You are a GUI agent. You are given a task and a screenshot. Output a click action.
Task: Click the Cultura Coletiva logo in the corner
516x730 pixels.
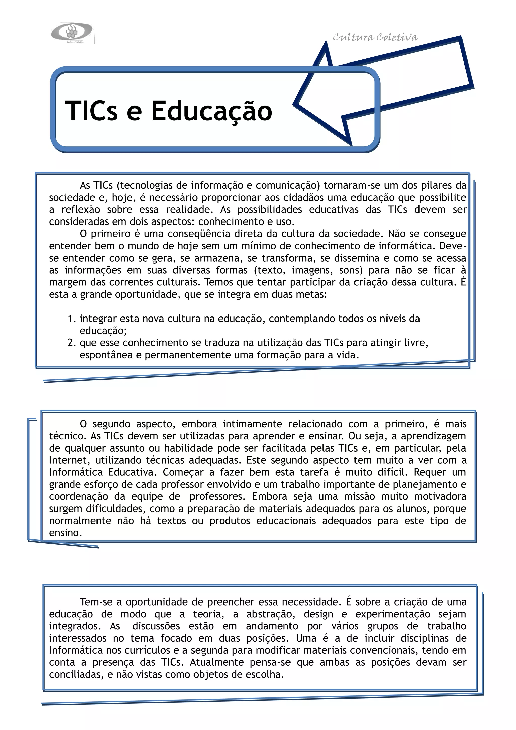tap(72, 33)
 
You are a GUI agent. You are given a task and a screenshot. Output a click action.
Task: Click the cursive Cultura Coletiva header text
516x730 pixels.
tap(375, 38)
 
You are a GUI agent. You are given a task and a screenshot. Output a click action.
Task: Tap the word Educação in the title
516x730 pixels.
tap(212, 111)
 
